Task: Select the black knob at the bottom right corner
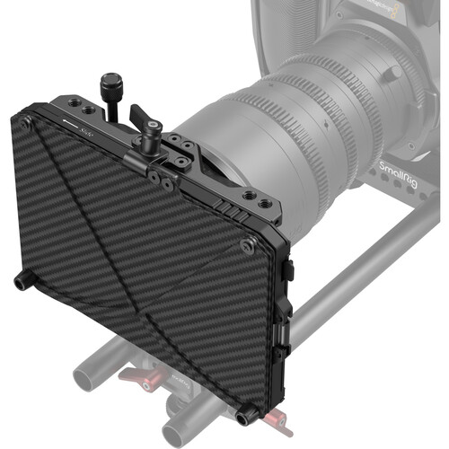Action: [x=248, y=415]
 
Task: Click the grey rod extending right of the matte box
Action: [x=359, y=269]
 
